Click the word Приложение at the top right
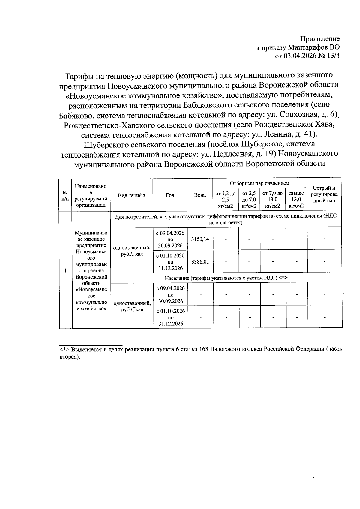click(320, 39)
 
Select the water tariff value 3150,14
click(200, 239)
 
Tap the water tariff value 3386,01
click(200, 261)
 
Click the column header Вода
click(200, 195)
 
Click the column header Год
click(170, 195)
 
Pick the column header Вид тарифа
click(131, 195)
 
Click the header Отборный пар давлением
click(259, 183)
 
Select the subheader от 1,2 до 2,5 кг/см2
click(226, 200)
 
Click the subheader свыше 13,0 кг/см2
click(296, 200)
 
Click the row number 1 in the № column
click(65, 270)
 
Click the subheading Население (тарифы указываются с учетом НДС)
click(226, 278)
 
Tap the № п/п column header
click(65, 195)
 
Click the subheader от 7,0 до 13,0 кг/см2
click(272, 200)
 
